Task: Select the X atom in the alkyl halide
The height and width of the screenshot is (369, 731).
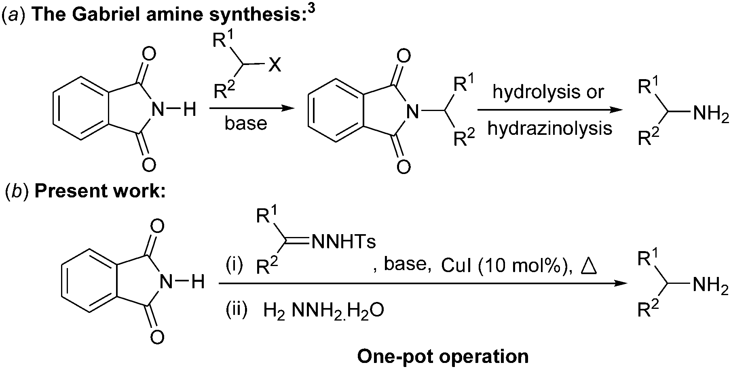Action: click(275, 65)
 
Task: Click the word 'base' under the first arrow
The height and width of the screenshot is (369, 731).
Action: click(246, 123)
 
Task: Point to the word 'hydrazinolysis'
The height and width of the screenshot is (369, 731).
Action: click(549, 128)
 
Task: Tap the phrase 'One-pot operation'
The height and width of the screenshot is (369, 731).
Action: click(443, 356)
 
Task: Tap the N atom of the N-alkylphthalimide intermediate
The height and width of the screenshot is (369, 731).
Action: click(412, 110)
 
